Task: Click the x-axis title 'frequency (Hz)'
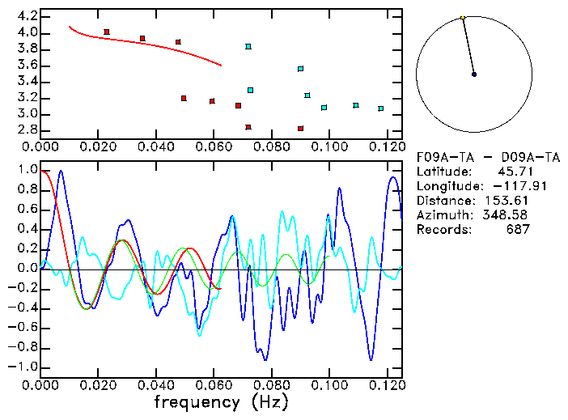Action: pos(221,401)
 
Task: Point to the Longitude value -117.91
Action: pos(507,185)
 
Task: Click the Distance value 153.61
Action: pos(507,200)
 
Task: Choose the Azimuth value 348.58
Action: pos(507,214)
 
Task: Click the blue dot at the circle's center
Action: pos(474,74)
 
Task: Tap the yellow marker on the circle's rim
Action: pos(462,17)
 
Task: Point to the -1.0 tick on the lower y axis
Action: pos(24,367)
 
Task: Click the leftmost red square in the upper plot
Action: pos(107,32)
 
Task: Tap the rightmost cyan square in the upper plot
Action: pos(381,108)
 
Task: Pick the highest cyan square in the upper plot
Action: pos(248,46)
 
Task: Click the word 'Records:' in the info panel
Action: pos(443,229)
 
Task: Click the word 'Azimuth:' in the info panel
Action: pos(443,214)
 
